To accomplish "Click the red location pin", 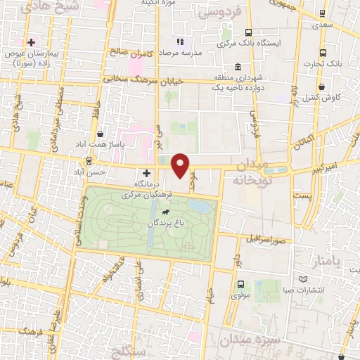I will pos(181,165).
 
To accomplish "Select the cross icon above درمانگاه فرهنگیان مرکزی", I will pos(146,172).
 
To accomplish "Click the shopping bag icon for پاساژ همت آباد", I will pos(101,132).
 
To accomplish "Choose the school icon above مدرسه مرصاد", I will pos(180,41).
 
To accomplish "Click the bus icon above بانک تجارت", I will pos(323,53).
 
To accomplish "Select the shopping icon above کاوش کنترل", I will pos(322,87).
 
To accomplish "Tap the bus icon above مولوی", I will pos(241,285).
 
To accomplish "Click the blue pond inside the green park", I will pos(198,206).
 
